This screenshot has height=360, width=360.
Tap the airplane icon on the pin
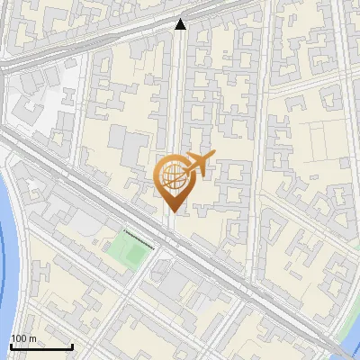pos(198,164)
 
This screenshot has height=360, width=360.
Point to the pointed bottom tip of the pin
pos(171,210)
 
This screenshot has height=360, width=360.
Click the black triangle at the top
pos(181,25)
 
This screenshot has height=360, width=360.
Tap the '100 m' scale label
pos(23,338)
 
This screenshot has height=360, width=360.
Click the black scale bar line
pos(40,346)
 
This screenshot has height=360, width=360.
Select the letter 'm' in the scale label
pos(32,338)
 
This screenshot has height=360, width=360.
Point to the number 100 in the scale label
pos(19,338)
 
